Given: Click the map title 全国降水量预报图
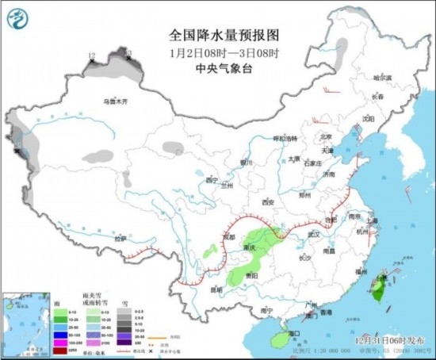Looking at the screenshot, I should [219, 35].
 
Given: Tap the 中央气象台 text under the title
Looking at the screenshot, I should [218, 68].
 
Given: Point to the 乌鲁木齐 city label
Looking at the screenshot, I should [116, 101].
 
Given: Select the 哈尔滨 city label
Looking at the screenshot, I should [383, 78].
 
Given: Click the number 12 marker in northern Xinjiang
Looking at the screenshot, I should [92, 55].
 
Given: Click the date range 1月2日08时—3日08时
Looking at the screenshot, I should [218, 52].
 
